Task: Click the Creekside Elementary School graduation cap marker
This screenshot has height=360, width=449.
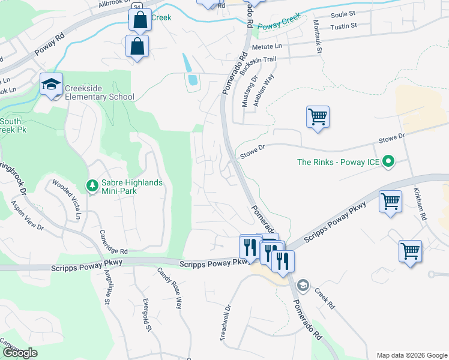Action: (x=52, y=85)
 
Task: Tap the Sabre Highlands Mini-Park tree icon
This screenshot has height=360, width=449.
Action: (x=92, y=187)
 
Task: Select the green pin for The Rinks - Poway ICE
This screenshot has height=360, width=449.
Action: (x=388, y=161)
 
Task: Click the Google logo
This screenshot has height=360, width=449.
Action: (x=20, y=353)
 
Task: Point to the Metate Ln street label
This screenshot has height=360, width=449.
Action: (x=267, y=46)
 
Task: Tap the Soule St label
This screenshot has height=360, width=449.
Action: (x=343, y=13)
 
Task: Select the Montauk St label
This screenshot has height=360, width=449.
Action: (x=318, y=35)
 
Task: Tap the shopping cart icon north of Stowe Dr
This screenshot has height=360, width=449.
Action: (x=318, y=116)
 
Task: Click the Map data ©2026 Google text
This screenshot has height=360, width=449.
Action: (x=411, y=355)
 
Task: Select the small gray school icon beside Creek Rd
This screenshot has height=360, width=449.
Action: (x=304, y=284)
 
